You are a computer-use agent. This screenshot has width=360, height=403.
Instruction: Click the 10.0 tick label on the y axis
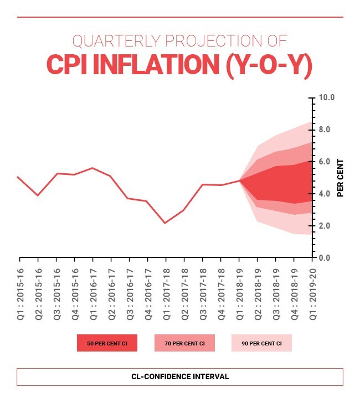coord(327,98)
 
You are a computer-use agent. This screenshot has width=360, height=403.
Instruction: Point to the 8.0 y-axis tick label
coord(327,130)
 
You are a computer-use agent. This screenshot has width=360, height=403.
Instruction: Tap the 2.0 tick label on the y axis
coord(327,226)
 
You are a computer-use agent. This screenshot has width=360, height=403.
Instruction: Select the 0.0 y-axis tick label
coord(327,258)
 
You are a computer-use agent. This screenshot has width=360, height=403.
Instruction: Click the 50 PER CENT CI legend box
coord(107,343)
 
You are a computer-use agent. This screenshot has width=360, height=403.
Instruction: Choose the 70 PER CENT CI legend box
coord(184,343)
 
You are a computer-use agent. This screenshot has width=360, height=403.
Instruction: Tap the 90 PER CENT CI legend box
coord(261,343)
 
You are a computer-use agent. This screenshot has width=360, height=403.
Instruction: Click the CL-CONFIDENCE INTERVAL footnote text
coord(180,376)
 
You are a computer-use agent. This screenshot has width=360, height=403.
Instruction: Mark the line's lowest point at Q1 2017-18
coord(166,223)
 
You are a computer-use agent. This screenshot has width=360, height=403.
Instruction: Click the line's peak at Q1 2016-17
coord(92,168)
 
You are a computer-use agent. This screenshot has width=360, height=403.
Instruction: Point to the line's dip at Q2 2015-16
coord(38,195)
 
